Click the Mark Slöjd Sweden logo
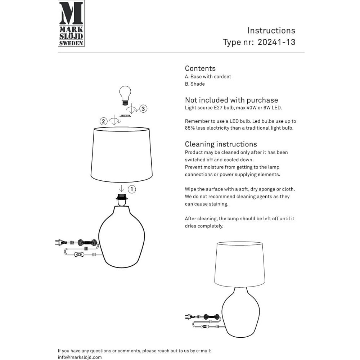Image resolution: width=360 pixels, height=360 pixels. click(71, 23)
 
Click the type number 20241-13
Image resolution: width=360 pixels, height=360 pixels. click(276, 42)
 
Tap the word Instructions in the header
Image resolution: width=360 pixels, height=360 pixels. click(271, 31)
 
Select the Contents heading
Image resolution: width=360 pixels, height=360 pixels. click(200, 68)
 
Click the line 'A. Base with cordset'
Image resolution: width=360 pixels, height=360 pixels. click(208, 77)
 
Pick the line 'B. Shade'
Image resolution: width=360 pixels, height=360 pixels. click(195, 84)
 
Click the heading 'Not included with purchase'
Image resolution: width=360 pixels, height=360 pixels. click(231, 100)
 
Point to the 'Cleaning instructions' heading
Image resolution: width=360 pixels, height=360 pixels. click(221, 144)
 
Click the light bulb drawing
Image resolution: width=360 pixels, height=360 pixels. click(125, 95)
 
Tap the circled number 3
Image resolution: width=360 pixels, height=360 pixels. click(143, 109)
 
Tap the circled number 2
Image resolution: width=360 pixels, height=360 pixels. click(104, 121)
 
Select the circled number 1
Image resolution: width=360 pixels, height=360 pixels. click(132, 189)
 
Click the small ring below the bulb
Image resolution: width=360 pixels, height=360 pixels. click(125, 116)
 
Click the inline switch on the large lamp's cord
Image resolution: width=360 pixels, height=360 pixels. click(78, 255)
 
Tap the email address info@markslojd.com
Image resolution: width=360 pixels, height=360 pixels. click(80, 357)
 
